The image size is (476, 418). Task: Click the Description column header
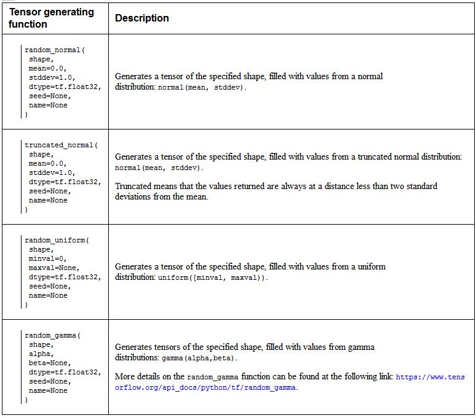click(x=141, y=18)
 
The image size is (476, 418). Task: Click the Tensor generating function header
click(x=51, y=18)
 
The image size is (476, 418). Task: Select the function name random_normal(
click(x=55, y=50)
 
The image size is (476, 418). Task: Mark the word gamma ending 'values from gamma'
click(x=362, y=347)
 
